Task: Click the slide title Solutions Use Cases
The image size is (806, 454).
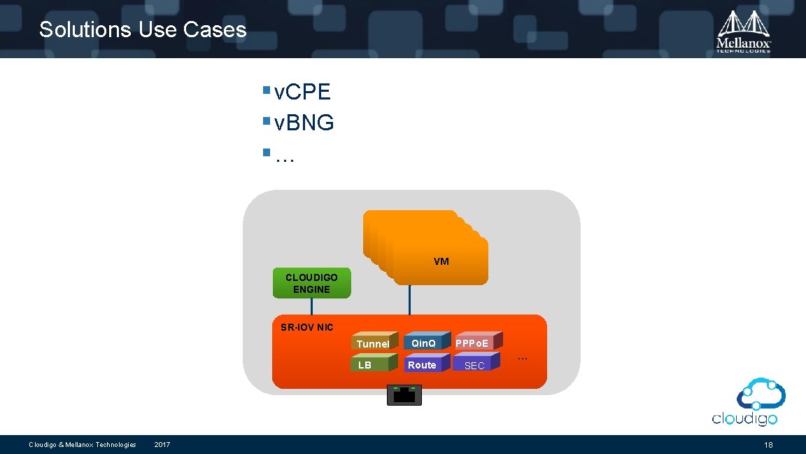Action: [x=143, y=29]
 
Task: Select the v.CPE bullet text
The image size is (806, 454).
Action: [x=302, y=92]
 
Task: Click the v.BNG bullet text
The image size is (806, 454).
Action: [x=304, y=123]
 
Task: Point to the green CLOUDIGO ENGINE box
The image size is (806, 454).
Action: [x=311, y=283]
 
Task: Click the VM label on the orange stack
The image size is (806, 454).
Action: [x=441, y=261]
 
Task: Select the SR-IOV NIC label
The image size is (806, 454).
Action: [x=307, y=327]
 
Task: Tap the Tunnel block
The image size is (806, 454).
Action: [x=373, y=343]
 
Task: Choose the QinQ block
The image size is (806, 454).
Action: [x=423, y=343]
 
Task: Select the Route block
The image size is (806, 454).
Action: [x=422, y=365]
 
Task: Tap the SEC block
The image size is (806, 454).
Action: [x=474, y=365]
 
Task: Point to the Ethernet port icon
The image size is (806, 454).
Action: [x=404, y=395]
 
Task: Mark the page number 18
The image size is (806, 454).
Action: [x=768, y=445]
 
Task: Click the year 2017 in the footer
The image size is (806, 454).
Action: [x=162, y=445]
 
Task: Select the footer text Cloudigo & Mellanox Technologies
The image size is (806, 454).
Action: [x=82, y=445]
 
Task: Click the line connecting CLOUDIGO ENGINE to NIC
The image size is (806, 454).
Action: [x=311, y=306]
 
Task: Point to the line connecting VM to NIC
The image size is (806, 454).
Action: [x=409, y=300]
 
